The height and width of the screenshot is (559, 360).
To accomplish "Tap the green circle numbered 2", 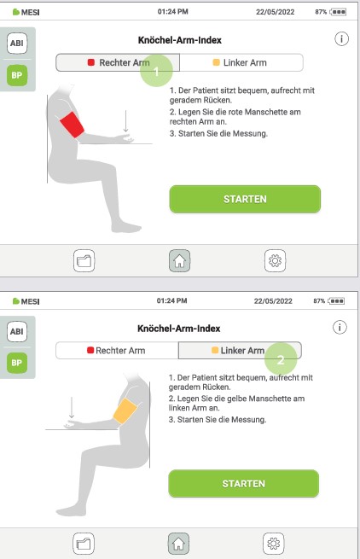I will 281,358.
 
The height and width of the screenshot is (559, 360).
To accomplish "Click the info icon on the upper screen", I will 340,40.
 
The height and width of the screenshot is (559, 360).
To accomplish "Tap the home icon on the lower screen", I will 178,541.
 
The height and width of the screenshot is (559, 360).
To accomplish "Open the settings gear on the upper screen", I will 276,259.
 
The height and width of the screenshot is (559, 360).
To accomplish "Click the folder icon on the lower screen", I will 84,541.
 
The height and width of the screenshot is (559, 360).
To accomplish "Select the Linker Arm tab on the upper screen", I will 242,63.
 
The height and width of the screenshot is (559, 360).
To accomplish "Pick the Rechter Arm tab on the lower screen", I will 117,350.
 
